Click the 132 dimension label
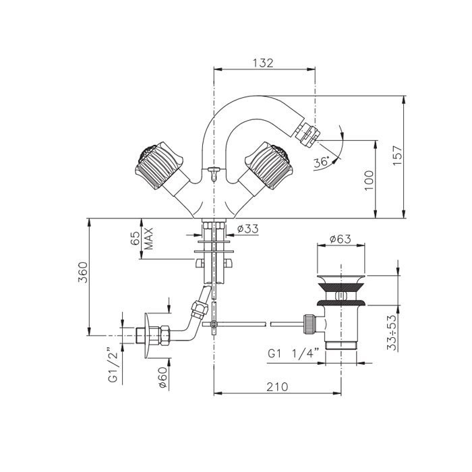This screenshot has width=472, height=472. tap(263, 63)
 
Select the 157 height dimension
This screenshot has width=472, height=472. tap(397, 155)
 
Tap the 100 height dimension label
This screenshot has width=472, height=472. tap(369, 180)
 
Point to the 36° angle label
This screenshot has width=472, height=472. tap(321, 163)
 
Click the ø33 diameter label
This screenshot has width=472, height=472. tap(247, 229)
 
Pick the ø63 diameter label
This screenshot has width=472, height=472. tap(340, 239)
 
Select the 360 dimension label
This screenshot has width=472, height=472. tap(82, 272)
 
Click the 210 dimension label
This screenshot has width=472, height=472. tap(277, 386)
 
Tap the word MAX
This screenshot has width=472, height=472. tap(149, 239)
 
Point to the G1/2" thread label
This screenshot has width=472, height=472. tap(113, 365)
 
